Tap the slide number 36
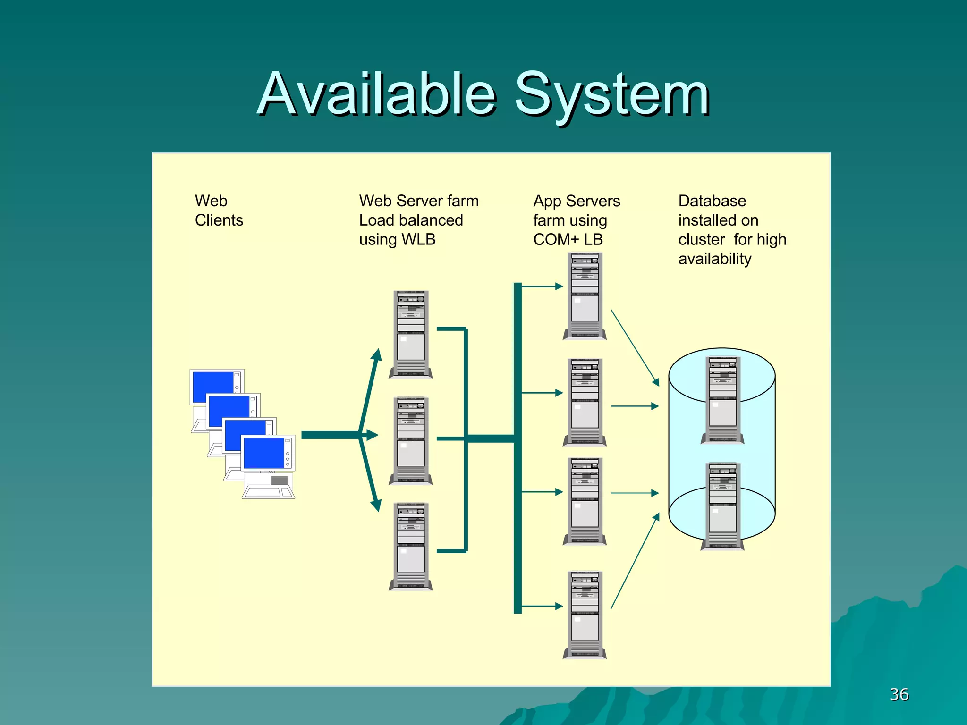(x=899, y=694)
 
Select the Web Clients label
(x=219, y=211)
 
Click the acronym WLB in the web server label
(x=418, y=240)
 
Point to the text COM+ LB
(x=568, y=240)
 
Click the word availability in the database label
(x=714, y=259)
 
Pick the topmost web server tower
(x=411, y=334)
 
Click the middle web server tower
(x=411, y=441)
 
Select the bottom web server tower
(x=411, y=547)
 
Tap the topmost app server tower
(x=585, y=296)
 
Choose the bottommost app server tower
(x=585, y=615)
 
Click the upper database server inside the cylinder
(x=722, y=400)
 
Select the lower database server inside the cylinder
(x=722, y=506)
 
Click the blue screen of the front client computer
(x=263, y=453)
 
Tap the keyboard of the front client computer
(x=267, y=493)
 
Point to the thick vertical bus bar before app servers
(x=517, y=448)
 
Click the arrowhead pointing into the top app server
(x=559, y=286)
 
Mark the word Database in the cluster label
(x=712, y=201)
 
